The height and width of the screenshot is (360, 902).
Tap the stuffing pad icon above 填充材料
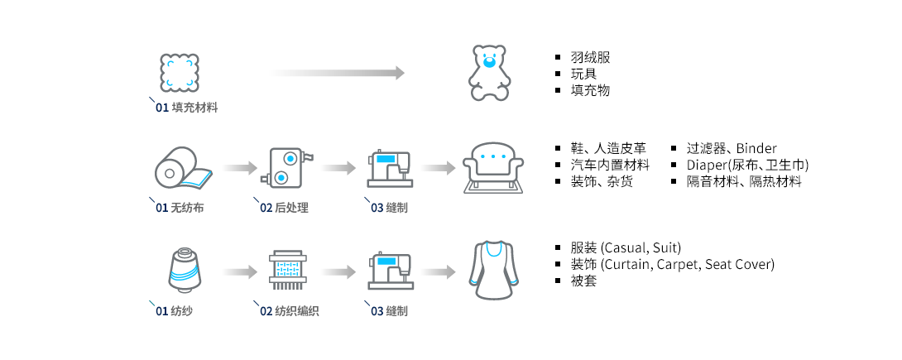click(180, 73)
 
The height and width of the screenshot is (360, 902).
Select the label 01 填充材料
click(187, 108)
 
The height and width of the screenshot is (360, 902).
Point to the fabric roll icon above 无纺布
click(182, 168)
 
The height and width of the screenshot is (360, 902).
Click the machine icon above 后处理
click(287, 168)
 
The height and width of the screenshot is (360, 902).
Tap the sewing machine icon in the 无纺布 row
click(389, 168)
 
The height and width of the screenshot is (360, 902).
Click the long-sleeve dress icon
click(494, 270)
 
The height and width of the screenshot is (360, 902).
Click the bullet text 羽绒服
click(590, 58)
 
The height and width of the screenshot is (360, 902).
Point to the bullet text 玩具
click(583, 74)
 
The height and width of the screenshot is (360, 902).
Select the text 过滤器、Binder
click(731, 149)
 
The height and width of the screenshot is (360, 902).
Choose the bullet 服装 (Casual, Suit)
click(625, 248)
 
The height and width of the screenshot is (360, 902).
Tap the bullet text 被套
click(583, 281)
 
